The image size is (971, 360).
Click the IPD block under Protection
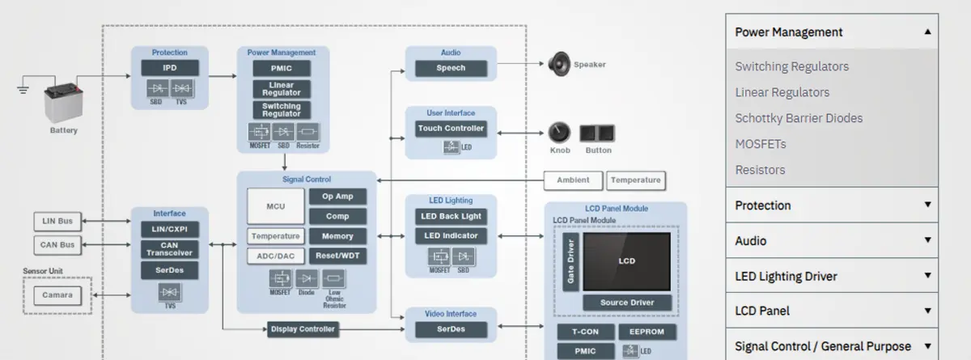[x=170, y=68]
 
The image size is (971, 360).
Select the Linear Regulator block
[x=282, y=89]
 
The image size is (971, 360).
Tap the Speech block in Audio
[x=451, y=68]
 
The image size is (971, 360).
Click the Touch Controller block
[x=451, y=128]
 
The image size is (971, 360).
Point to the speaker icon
[x=559, y=63]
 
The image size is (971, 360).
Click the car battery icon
[x=62, y=103]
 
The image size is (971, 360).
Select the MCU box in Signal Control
[x=275, y=206]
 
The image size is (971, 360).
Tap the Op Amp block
[x=337, y=197]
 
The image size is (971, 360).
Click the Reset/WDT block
[x=337, y=256]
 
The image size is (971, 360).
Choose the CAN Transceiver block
[x=169, y=249]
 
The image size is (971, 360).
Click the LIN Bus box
[x=57, y=221]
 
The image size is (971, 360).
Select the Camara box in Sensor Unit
[x=57, y=295]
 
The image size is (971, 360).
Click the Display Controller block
[x=302, y=329]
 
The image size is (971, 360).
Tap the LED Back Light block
[x=451, y=216]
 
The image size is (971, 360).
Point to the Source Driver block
[x=627, y=303]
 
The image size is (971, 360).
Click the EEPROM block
[x=647, y=332]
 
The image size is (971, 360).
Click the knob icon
[x=559, y=133]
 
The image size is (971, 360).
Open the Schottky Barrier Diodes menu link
[x=799, y=118]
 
